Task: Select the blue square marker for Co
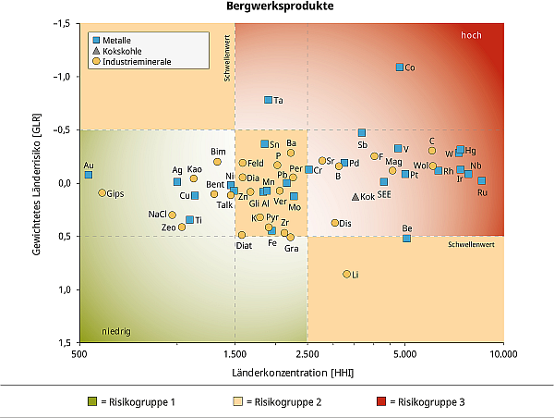400,68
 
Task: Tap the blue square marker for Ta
269,100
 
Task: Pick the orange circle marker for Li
347,275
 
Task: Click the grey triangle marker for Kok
355,196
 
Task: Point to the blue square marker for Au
89,175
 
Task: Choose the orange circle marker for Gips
102,193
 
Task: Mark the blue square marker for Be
406,238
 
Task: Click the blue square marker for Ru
481,181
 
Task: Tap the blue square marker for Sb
362,133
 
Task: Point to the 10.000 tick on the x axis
502,353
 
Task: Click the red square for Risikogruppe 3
381,402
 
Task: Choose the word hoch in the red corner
471,35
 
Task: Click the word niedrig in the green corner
115,330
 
